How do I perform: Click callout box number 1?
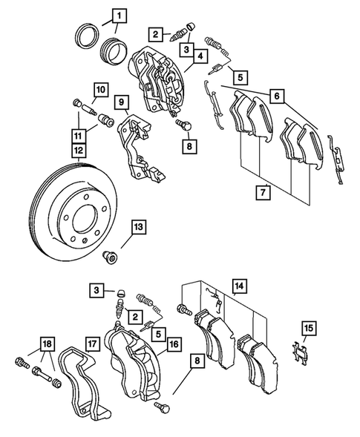coord(119,13)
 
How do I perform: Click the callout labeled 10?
coord(99,91)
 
